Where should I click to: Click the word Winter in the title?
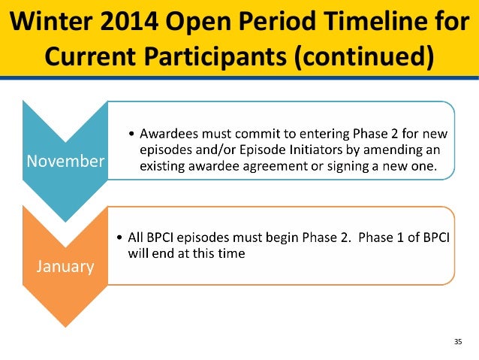coord(51,21)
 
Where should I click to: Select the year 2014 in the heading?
coord(129,21)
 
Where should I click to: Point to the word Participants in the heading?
coord(215,56)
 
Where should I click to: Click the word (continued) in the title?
coord(364,56)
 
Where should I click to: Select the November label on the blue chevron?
coord(65,161)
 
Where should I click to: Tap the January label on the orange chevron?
coord(65,266)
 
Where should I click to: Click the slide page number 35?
coord(458,342)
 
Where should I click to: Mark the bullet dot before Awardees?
coord(131,134)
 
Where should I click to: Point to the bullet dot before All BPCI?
coord(119,237)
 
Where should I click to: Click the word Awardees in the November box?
coord(169,134)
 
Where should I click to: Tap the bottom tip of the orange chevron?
coord(65,327)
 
